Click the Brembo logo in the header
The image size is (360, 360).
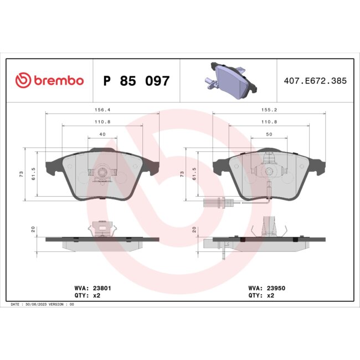50,80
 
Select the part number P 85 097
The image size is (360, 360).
137,81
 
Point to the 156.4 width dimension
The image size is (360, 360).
101,110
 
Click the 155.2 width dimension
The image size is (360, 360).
270,110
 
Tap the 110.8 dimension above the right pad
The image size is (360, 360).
270,122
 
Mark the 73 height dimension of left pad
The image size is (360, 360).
21,174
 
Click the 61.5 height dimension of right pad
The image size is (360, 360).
194,174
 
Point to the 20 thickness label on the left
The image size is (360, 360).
33,229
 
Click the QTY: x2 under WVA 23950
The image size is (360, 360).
262,296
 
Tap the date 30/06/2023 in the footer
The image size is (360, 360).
39,305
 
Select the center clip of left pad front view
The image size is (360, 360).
101,174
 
